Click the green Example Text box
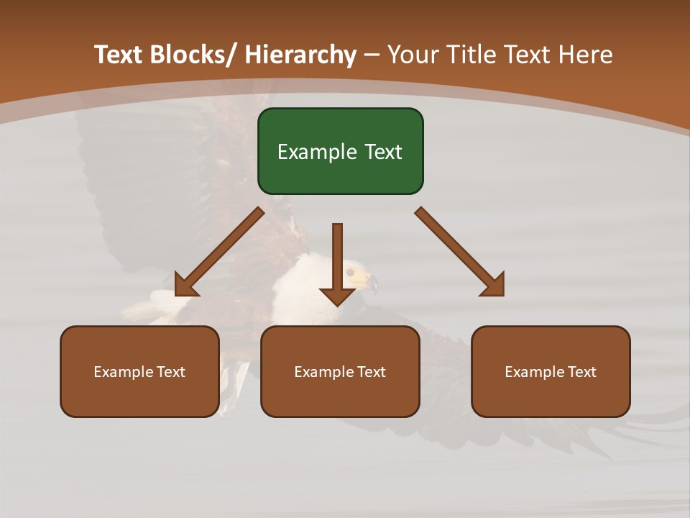pyautogui.click(x=340, y=151)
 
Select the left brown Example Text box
pyautogui.click(x=139, y=371)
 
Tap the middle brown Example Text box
pyautogui.click(x=340, y=371)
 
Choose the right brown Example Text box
pyautogui.click(x=551, y=371)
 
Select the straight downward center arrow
pyautogui.click(x=337, y=259)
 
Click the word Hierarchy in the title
pyautogui.click(x=300, y=55)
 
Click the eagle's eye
pyautogui.click(x=351, y=273)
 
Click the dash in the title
pyautogui.click(x=372, y=55)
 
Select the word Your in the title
pyautogui.click(x=413, y=55)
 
